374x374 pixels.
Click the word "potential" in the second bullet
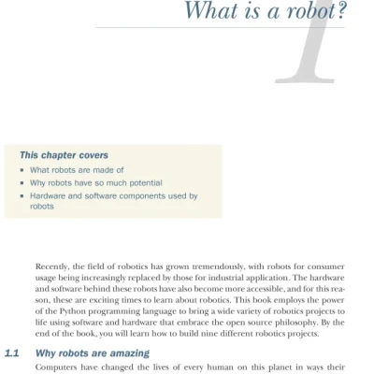tap(138, 183)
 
